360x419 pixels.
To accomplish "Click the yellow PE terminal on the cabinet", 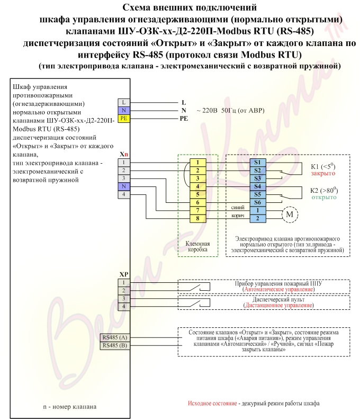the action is (124, 118).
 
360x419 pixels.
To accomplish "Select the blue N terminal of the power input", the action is (124, 110).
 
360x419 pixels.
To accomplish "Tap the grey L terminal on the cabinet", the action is (124, 102).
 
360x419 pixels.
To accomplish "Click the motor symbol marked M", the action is (290, 215).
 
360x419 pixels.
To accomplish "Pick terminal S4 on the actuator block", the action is (258, 186).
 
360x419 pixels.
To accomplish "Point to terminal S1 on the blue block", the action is (258, 162).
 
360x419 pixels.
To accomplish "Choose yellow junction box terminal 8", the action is (198, 218).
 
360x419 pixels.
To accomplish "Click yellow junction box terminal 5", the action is (198, 194).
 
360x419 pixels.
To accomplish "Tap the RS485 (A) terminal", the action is (115, 337).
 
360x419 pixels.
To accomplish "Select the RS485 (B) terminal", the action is (115, 345).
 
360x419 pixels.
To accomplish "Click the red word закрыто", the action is (323, 173).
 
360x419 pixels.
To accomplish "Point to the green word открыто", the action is (324, 198).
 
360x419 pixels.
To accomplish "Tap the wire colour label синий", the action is (238, 207).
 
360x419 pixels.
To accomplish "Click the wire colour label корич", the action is (238, 216).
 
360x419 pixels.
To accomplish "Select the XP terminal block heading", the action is (124, 274).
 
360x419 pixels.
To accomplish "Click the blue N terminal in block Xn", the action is (124, 186).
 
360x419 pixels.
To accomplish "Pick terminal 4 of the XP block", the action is (124, 307).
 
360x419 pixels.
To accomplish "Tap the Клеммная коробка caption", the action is (197, 247).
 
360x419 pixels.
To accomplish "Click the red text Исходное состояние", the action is (212, 403).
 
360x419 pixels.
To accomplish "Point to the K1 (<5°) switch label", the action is (323, 166).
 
